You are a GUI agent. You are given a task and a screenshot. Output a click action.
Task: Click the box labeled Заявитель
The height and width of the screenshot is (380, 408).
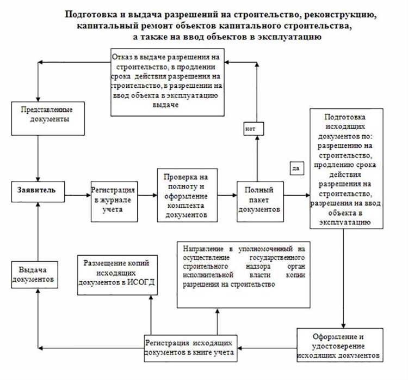tap(37, 191)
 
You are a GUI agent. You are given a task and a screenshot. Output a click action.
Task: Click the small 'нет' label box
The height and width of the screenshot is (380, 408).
tap(251, 129)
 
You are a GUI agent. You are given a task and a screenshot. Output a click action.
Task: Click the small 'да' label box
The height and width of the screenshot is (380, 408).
tap(296, 169)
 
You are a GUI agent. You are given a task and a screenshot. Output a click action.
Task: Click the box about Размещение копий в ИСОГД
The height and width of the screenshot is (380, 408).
tap(117, 273)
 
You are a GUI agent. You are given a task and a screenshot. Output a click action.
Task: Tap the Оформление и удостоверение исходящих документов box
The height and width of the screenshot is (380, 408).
tap(338, 346)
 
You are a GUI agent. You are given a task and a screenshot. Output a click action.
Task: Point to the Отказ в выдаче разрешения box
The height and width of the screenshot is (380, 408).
tap(168, 82)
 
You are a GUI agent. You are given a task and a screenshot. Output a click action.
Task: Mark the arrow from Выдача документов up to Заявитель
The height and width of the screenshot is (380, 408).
tap(37, 229)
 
